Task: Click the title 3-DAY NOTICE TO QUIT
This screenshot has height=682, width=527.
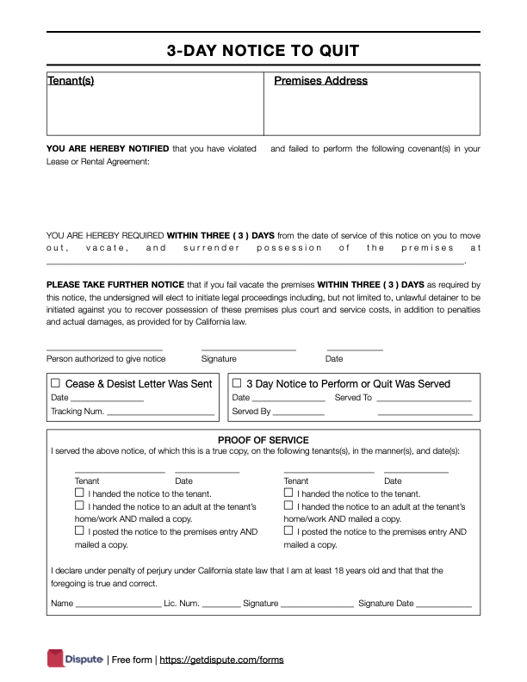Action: pos(263,51)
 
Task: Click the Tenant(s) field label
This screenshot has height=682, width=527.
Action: pos(70,81)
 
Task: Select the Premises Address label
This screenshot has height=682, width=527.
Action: pos(320,81)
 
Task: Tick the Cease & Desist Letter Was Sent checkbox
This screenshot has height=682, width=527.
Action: pos(56,383)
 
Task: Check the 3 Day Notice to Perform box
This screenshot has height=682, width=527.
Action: pos(238,383)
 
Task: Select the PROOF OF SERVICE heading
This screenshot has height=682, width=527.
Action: pos(263,440)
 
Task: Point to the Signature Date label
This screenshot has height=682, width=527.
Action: pos(386,604)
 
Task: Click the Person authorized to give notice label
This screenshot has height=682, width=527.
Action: pos(105,358)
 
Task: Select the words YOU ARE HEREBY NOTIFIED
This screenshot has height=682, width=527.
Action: pos(108,149)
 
